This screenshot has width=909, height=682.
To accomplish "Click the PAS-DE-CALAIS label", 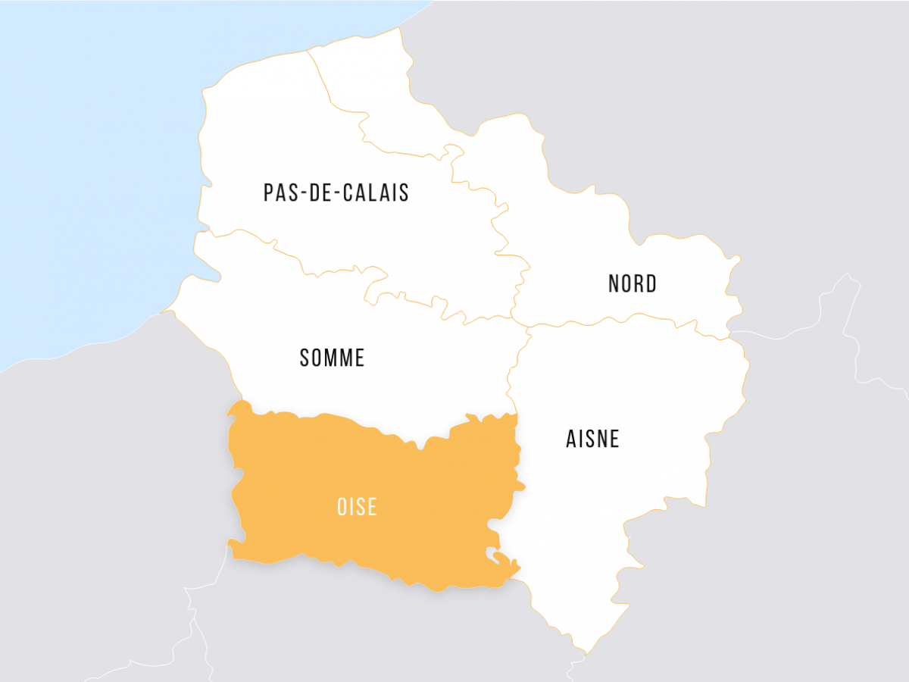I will [x=336, y=192].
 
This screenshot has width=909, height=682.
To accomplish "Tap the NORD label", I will [x=633, y=284].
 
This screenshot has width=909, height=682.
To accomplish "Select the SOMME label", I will [x=333, y=358].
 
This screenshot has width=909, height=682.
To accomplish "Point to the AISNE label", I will [x=593, y=439].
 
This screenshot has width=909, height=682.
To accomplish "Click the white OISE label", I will [x=357, y=507].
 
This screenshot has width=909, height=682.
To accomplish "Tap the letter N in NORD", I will [x=614, y=284].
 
